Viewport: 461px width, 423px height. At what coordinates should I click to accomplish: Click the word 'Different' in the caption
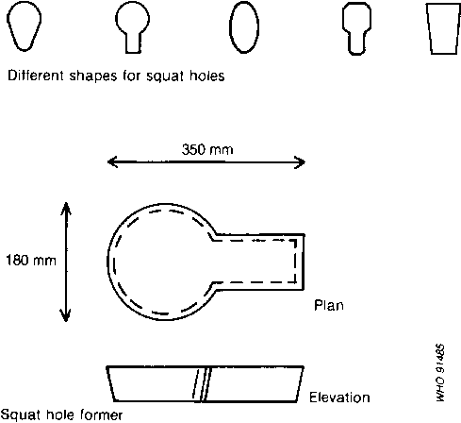point(36,76)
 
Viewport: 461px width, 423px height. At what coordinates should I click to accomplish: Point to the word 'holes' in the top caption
point(207,76)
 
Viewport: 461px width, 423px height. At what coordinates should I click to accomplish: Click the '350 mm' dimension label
point(207,149)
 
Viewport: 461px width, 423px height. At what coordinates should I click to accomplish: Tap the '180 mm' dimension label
point(31,261)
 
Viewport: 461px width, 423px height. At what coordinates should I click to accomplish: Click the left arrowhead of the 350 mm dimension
point(112,162)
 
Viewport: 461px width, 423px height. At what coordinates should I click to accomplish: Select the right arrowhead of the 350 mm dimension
point(300,162)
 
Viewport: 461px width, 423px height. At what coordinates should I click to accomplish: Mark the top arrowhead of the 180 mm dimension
point(66,208)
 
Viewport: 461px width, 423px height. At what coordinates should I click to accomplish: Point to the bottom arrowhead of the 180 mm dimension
point(66,315)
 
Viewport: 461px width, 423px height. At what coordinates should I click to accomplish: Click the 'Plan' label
point(329,305)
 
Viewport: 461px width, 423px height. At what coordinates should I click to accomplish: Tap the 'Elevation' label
point(339,398)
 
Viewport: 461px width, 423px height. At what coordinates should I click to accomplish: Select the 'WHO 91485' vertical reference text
point(440,373)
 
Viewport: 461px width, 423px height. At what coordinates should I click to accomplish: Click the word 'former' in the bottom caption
point(102,415)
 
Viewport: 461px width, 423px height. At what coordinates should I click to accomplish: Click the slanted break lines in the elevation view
point(202,384)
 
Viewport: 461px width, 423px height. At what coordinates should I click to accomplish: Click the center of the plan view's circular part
point(164,262)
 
